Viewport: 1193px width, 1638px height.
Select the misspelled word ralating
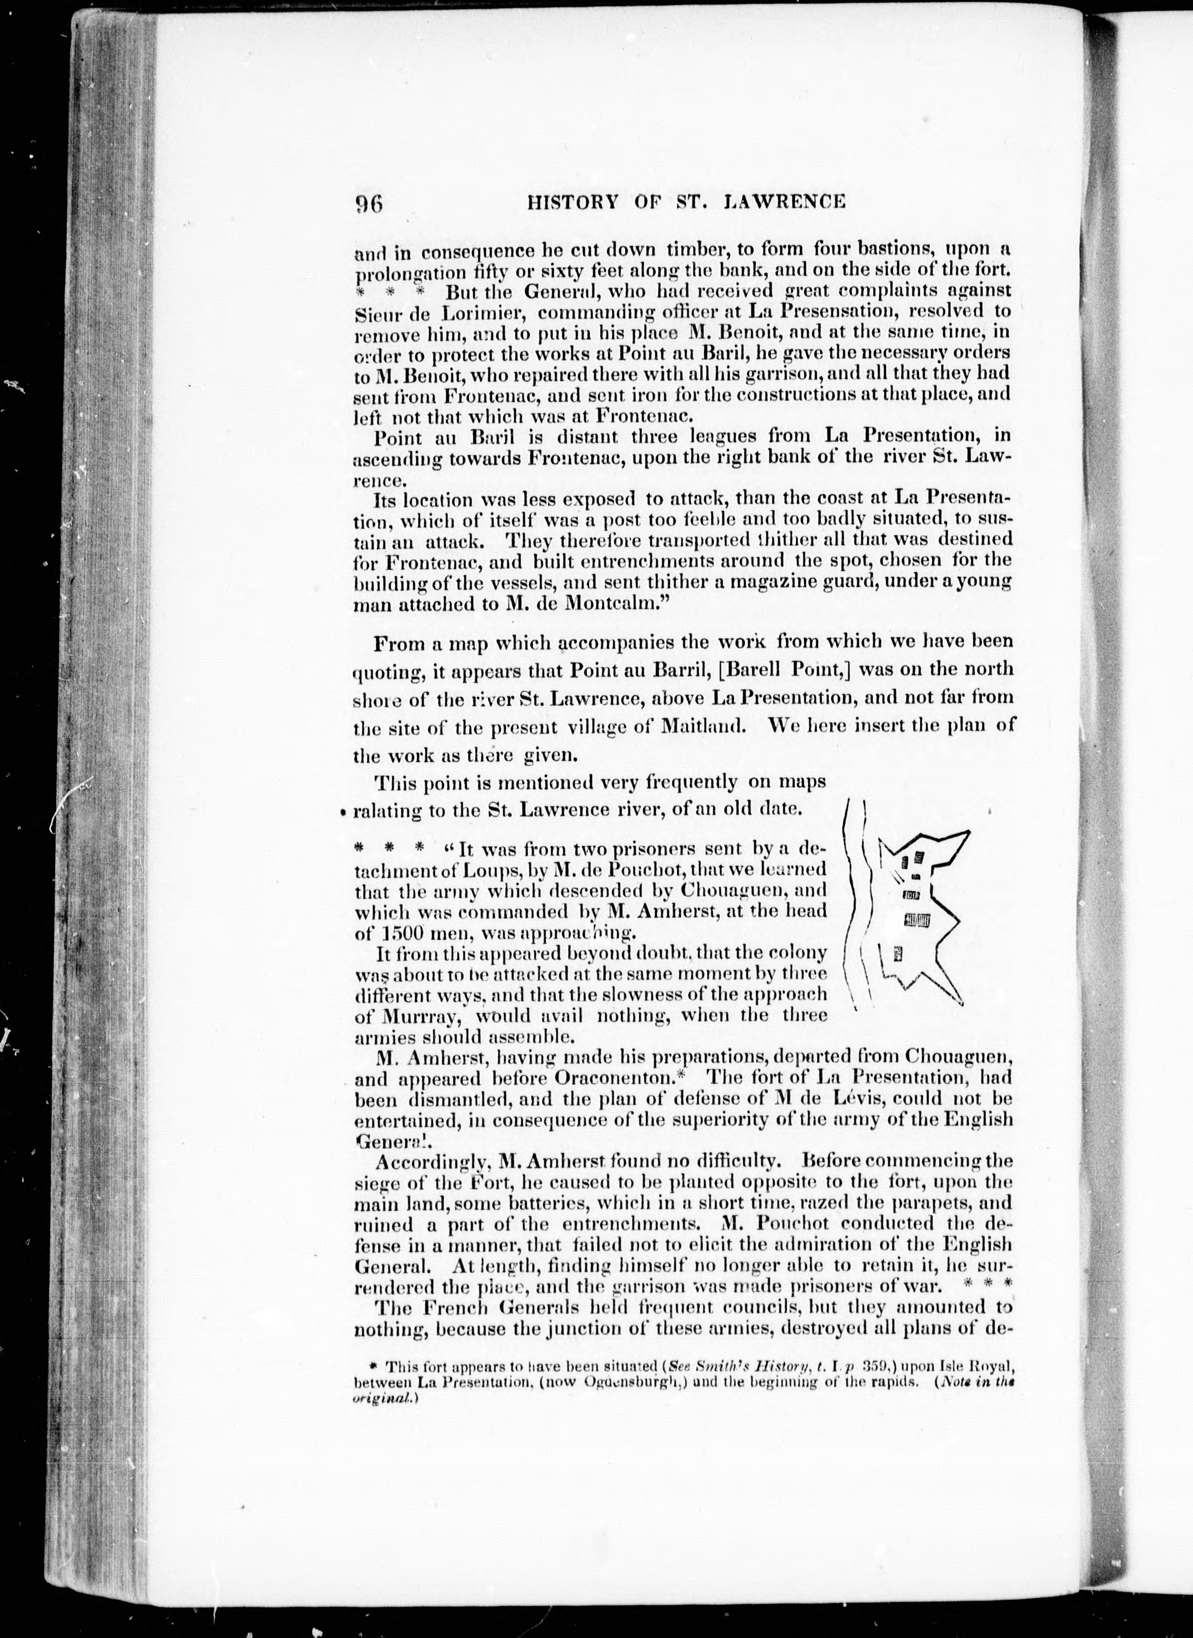click(x=386, y=810)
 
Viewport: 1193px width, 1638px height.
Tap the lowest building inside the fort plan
click(x=898, y=955)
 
